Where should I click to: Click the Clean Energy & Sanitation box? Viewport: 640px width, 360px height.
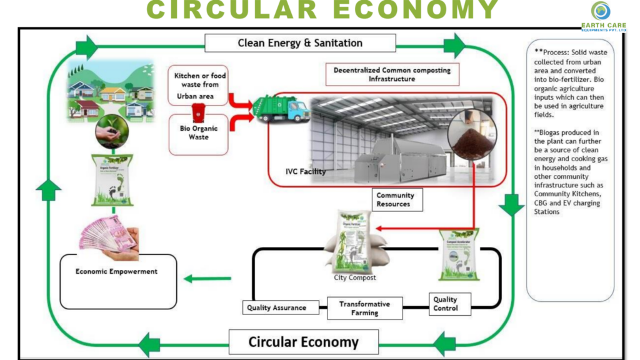pos(300,43)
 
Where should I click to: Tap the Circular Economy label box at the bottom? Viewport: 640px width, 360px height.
pos(303,342)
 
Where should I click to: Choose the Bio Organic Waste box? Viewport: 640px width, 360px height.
pos(199,132)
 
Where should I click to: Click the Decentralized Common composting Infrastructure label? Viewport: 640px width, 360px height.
pos(392,74)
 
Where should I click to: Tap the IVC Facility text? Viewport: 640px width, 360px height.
pos(306,171)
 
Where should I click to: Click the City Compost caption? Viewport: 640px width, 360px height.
pos(354,277)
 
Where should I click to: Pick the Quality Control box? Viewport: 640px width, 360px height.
pos(445,304)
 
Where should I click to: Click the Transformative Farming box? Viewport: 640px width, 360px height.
pos(364,308)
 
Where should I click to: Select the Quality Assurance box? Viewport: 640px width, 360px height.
pos(276,307)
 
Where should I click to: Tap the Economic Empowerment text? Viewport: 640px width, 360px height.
pos(116,272)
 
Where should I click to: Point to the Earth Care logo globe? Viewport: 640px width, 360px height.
pos(601,11)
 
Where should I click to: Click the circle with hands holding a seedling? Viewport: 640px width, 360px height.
pos(112,132)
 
